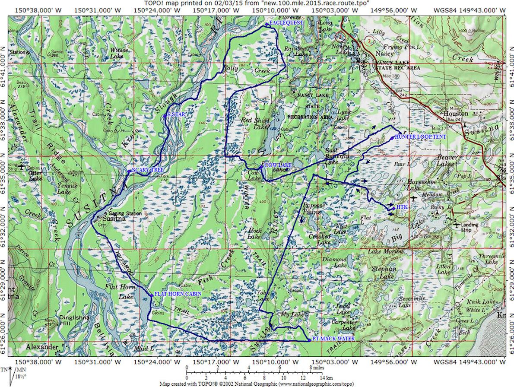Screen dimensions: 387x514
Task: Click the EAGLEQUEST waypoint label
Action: [x=286, y=22]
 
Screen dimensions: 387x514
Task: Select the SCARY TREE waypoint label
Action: [x=147, y=170]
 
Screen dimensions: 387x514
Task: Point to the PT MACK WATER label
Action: [x=333, y=339]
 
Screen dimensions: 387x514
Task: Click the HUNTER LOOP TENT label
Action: [x=420, y=136]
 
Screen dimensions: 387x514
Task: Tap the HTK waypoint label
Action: [x=402, y=207]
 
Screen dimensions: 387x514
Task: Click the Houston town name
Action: [x=456, y=113]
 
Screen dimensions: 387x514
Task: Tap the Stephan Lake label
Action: [x=384, y=273]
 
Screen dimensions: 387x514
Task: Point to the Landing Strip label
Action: [x=470, y=227]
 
